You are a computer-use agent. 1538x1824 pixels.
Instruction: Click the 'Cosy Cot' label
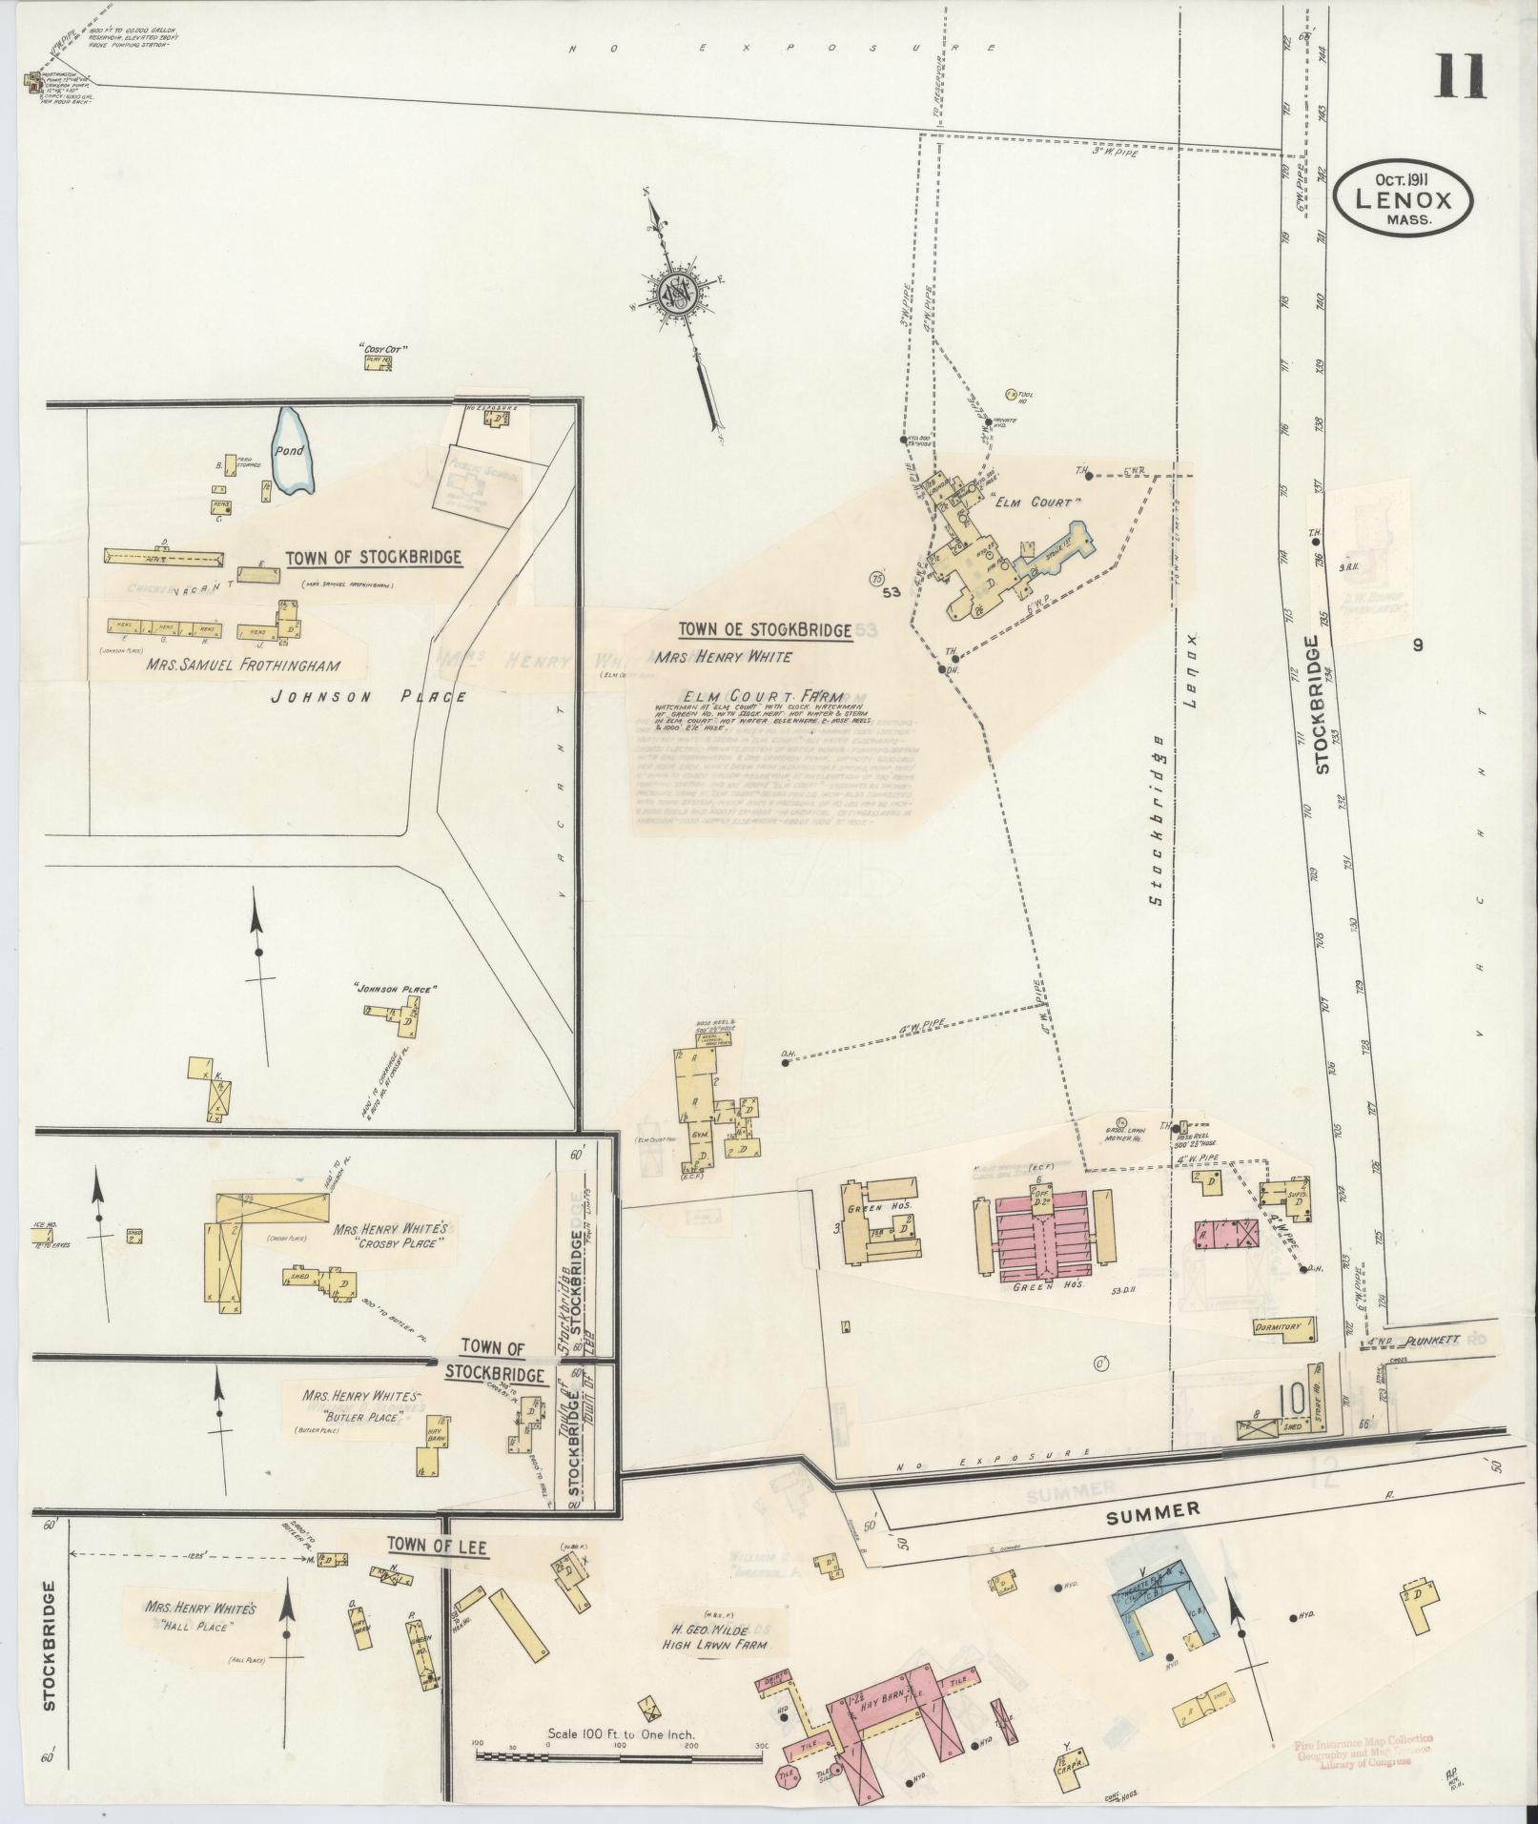coord(379,349)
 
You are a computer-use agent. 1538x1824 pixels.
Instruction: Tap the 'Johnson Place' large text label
coord(368,697)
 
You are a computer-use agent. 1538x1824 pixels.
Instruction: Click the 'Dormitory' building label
coord(1282,1327)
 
